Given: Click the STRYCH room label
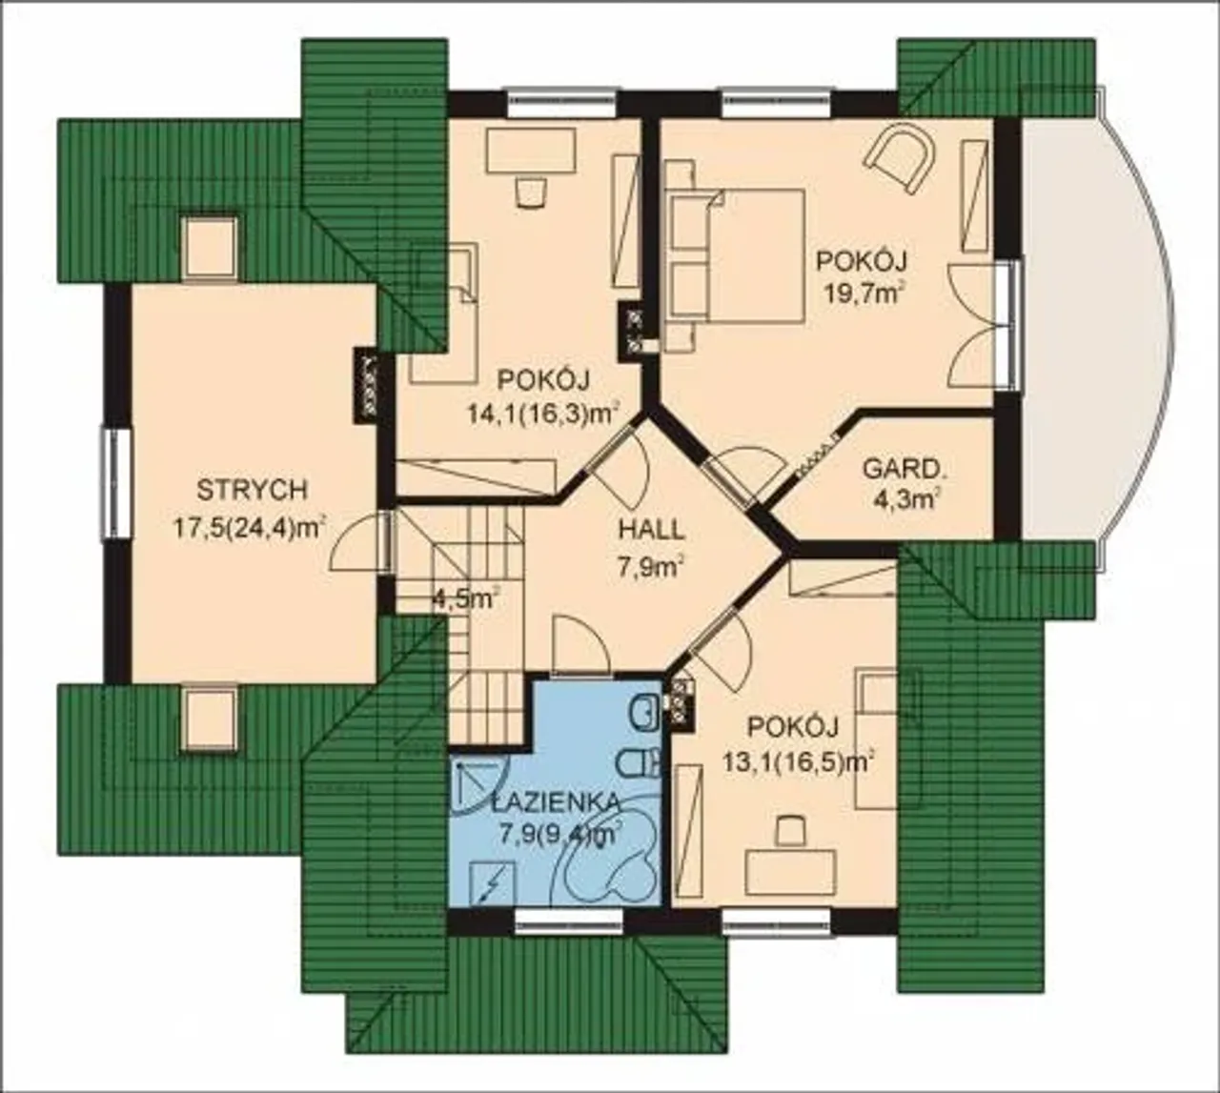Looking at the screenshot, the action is click(x=253, y=490).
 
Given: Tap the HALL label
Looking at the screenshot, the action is click(x=652, y=530).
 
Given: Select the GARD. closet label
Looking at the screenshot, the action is click(x=902, y=469).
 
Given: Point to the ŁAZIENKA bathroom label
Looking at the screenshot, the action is click(x=555, y=802).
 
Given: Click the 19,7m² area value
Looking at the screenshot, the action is click(x=862, y=295).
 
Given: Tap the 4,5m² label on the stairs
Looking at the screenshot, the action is click(x=465, y=600).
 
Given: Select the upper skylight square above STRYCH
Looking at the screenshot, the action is click(x=209, y=249).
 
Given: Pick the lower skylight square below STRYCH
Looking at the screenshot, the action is click(x=209, y=719).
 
